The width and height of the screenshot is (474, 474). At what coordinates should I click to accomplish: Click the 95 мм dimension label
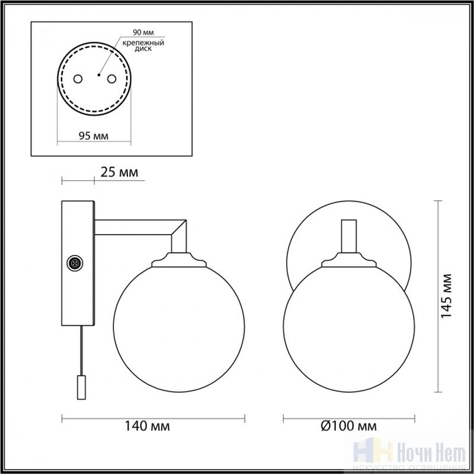coord(94,136)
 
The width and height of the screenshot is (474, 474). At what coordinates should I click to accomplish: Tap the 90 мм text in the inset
coord(143,32)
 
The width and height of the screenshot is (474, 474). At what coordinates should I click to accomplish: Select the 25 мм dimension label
coord(119,172)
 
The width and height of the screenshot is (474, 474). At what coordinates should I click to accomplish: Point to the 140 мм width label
coord(147,426)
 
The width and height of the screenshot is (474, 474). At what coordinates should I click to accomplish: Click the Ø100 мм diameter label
coord(349,426)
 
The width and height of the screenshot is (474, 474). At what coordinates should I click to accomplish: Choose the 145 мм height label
coord(446,296)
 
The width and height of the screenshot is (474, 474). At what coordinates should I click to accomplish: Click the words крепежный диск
coord(143,46)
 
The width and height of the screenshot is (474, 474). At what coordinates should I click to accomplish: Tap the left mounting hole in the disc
coord(78,79)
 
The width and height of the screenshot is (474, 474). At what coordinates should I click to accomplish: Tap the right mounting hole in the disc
coord(111,79)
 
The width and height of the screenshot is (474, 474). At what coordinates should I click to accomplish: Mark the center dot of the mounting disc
coord(98,75)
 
